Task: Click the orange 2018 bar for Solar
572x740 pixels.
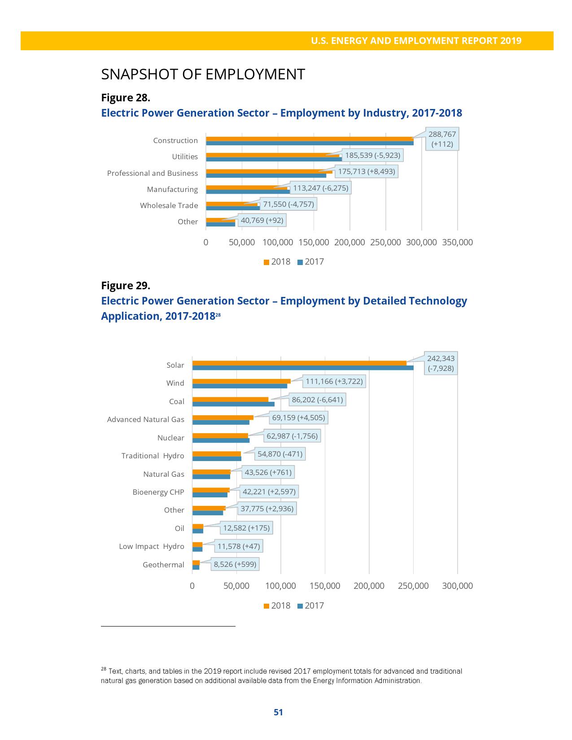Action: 299,363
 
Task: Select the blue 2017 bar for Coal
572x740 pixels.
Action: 233,404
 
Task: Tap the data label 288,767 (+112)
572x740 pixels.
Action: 442,139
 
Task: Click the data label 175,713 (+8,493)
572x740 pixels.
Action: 367,171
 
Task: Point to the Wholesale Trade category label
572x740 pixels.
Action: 169,205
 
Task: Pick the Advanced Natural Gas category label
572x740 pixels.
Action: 145,419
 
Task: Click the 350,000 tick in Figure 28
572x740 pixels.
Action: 457,242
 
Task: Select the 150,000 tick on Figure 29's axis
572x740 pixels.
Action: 325,586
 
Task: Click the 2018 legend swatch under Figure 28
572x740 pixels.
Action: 266,262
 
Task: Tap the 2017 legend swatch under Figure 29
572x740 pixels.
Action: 300,606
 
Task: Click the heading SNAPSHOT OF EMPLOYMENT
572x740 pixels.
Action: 203,74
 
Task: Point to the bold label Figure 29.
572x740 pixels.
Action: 126,286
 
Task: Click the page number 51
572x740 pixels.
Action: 278,712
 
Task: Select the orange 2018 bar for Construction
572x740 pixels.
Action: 310,139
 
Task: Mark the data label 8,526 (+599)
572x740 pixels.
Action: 235,564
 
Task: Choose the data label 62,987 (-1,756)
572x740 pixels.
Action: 292,436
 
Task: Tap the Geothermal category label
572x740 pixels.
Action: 163,565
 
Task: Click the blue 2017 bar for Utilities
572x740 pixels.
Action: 274,159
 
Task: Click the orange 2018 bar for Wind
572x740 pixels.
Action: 241,381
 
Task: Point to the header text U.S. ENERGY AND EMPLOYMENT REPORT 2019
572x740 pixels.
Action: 416,41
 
